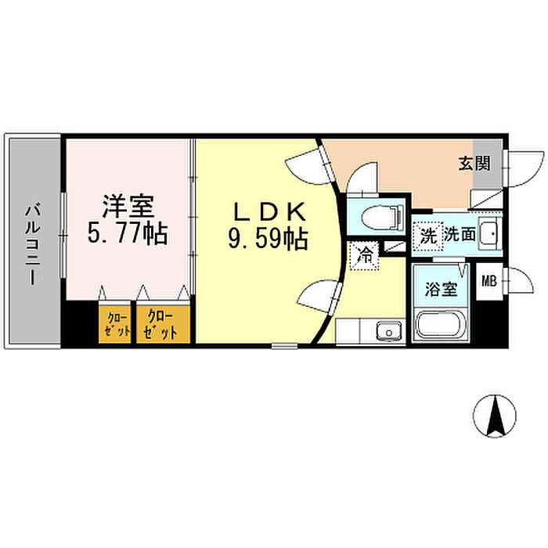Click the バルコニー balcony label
[34, 243]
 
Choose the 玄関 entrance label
[474, 164]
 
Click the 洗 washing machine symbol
[428, 235]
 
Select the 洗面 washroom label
[460, 235]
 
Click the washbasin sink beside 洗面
[489, 233]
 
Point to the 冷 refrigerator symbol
[364, 254]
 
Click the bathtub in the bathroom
[441, 325]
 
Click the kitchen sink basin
[386, 333]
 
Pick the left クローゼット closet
[117, 323]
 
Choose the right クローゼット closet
[162, 323]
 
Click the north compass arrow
[496, 416]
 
